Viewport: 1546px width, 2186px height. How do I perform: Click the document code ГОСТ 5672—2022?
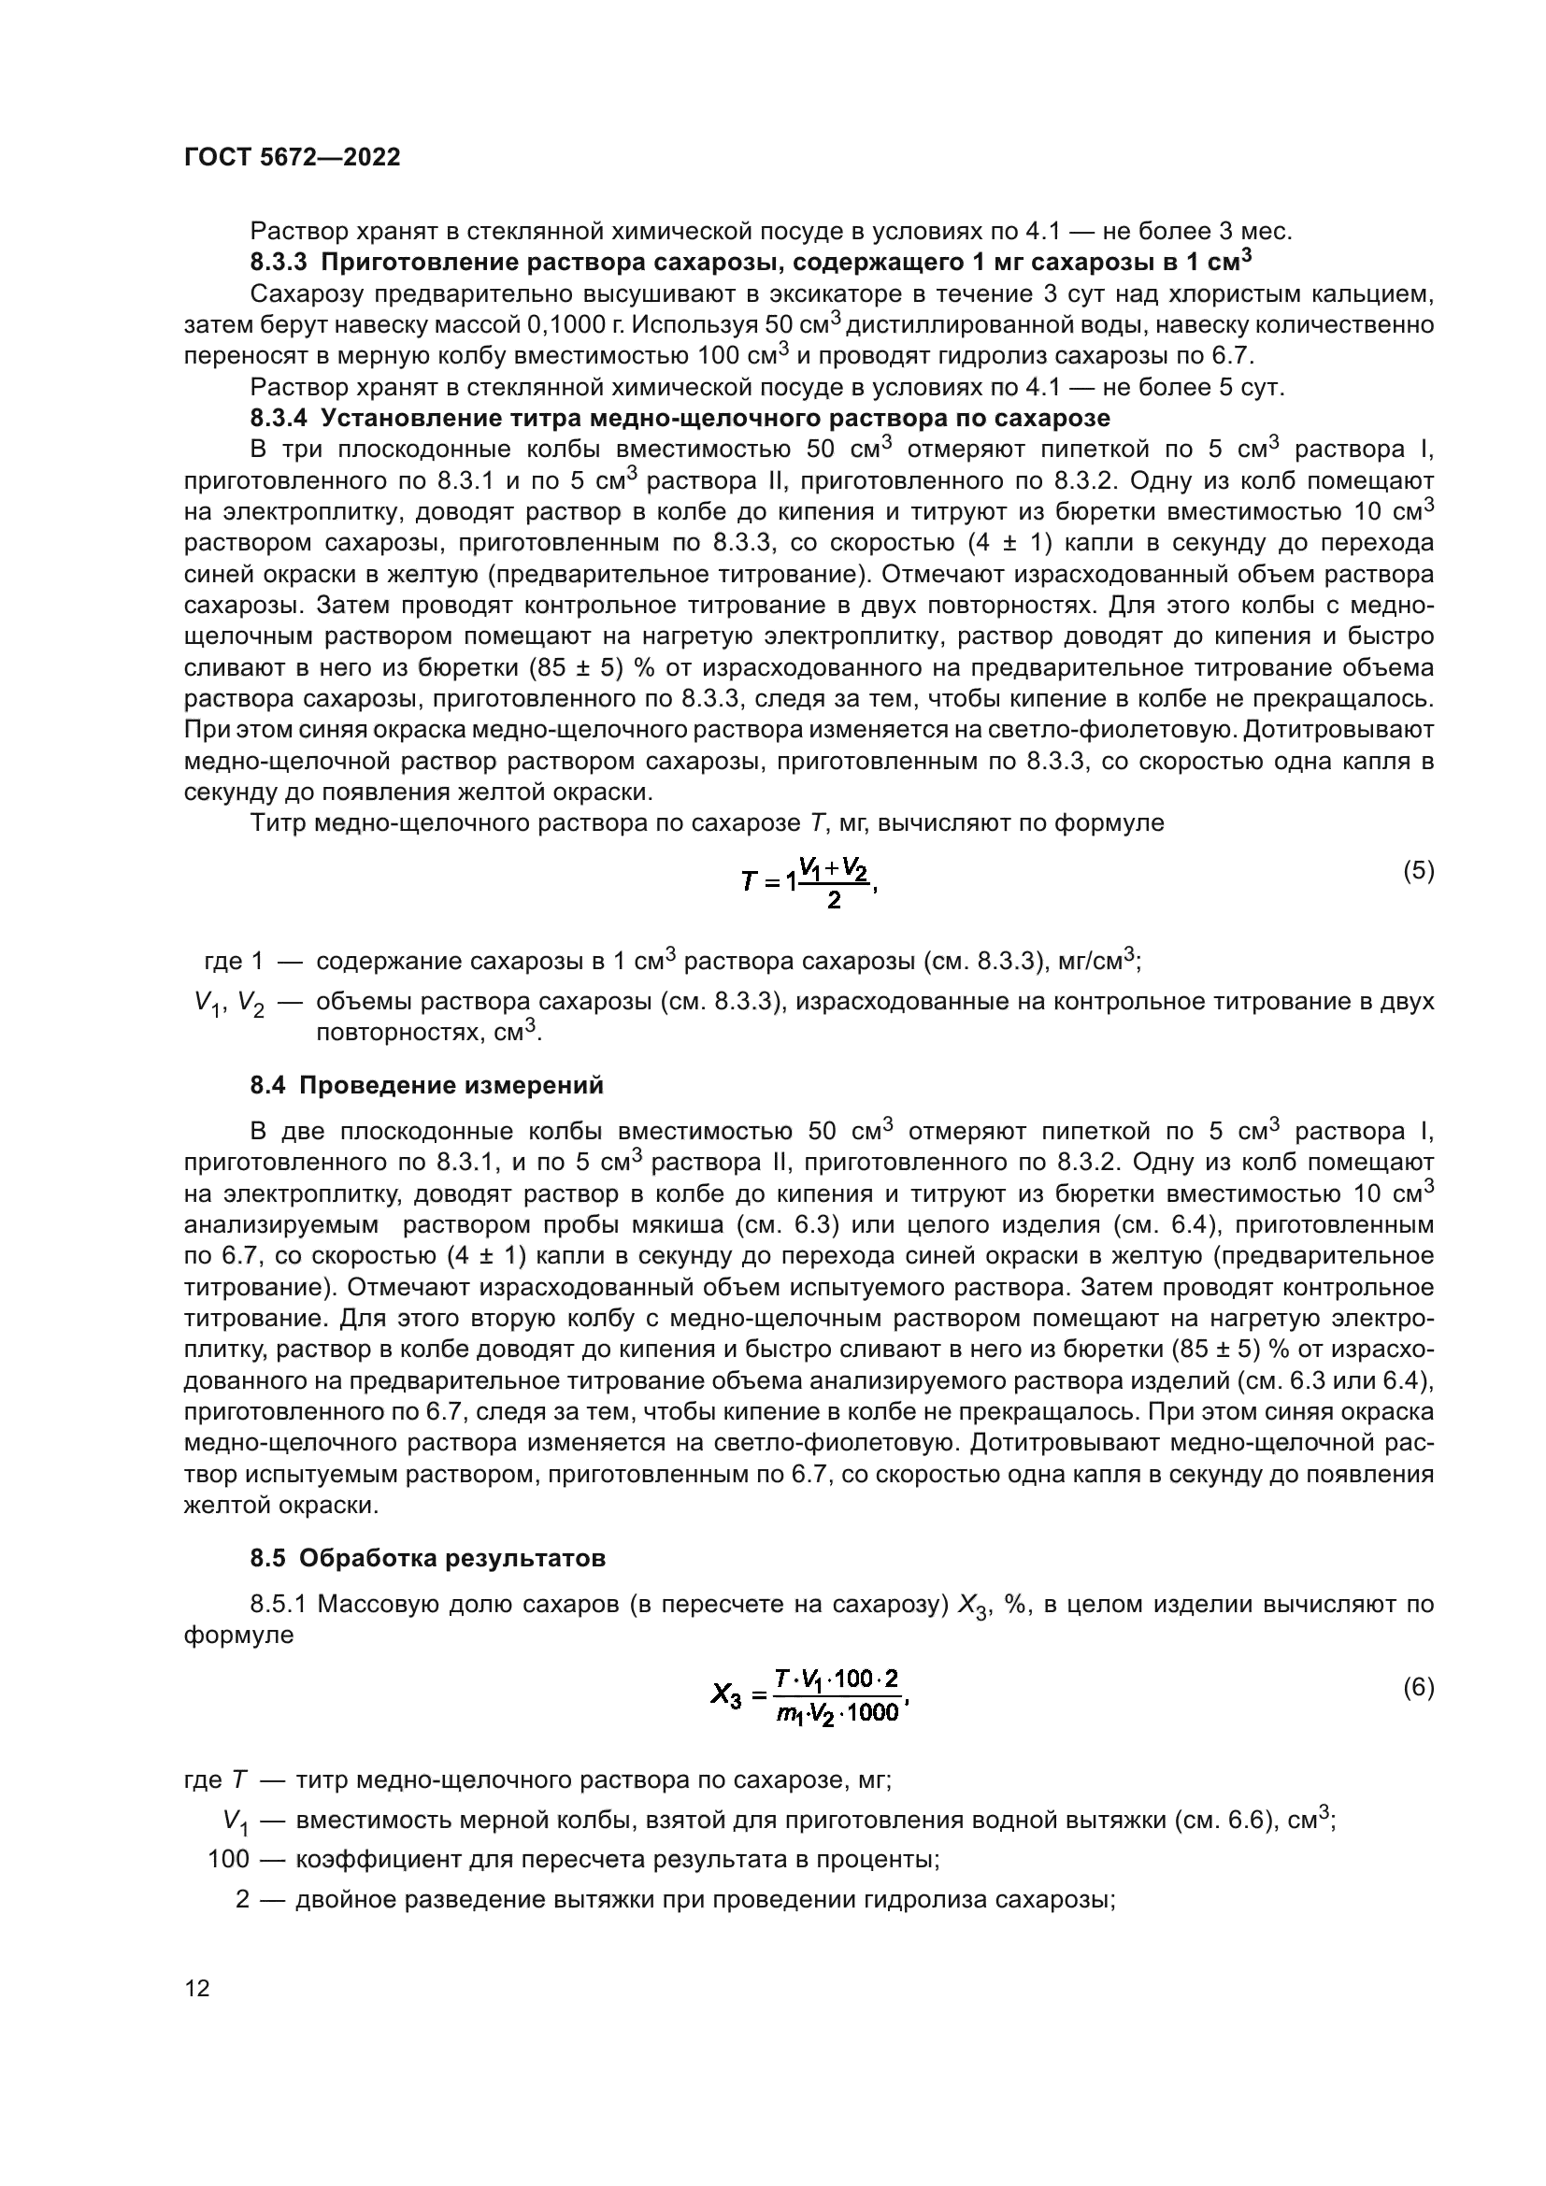[x=292, y=158]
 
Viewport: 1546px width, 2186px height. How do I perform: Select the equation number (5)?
[x=1419, y=870]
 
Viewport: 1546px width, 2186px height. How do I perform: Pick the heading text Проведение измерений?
[x=451, y=1085]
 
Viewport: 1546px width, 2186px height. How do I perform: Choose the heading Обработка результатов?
[x=451, y=1559]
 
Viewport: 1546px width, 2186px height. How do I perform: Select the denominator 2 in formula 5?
[x=834, y=900]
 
